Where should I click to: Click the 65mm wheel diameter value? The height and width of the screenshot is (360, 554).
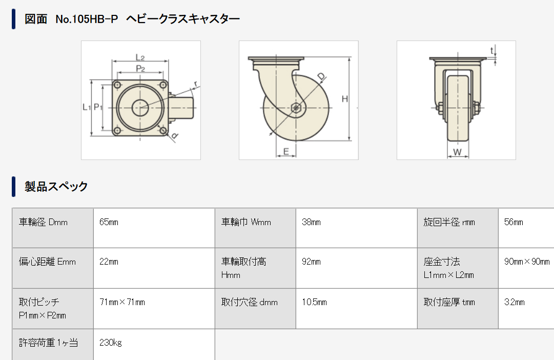click(x=109, y=222)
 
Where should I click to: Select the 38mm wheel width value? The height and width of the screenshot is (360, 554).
click(x=312, y=222)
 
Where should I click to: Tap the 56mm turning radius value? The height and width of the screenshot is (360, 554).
click(x=514, y=222)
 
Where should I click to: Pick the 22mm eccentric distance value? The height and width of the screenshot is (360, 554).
click(x=109, y=262)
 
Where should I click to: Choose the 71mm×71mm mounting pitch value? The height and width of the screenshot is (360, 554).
click(x=122, y=302)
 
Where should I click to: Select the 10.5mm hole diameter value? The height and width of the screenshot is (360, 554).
click(x=315, y=302)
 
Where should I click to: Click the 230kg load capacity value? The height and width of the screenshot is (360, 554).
click(x=111, y=343)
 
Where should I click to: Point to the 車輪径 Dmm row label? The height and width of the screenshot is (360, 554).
click(x=43, y=222)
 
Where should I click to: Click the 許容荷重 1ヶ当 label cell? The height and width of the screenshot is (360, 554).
click(x=48, y=343)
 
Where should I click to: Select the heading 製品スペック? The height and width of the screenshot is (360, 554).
click(x=56, y=186)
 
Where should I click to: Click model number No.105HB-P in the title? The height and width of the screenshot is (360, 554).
click(x=87, y=19)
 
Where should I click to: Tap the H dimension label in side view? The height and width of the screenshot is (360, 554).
click(x=345, y=99)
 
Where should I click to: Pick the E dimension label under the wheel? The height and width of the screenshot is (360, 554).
click(x=286, y=151)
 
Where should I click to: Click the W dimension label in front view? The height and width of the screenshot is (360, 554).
click(x=458, y=151)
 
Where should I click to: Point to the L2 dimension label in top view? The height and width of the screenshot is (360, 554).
click(x=140, y=56)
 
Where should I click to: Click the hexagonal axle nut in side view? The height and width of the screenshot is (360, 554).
click(x=295, y=108)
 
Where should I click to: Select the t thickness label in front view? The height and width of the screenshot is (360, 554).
click(x=492, y=50)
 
